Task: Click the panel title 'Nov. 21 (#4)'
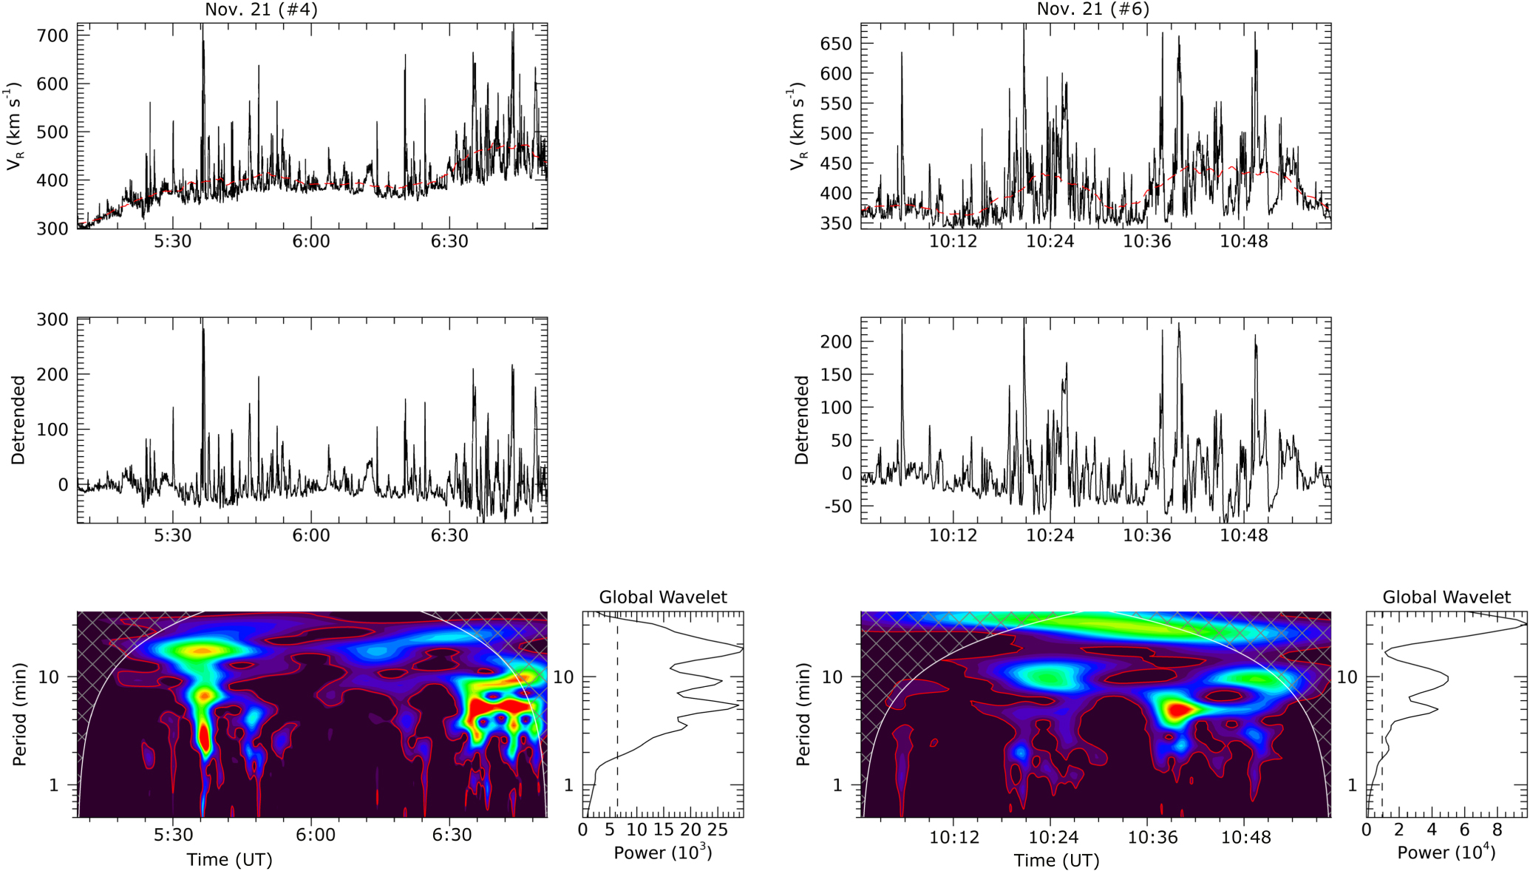262,9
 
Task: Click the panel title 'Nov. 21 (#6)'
1092,9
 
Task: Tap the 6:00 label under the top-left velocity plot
311,243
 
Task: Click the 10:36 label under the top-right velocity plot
1146,243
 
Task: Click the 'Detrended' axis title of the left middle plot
18,420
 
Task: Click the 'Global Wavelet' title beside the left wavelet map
662,597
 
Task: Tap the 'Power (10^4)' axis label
1446,853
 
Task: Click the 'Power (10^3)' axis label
662,853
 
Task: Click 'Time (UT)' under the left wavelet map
229,860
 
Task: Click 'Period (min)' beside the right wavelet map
803,714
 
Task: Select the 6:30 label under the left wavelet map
452,835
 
